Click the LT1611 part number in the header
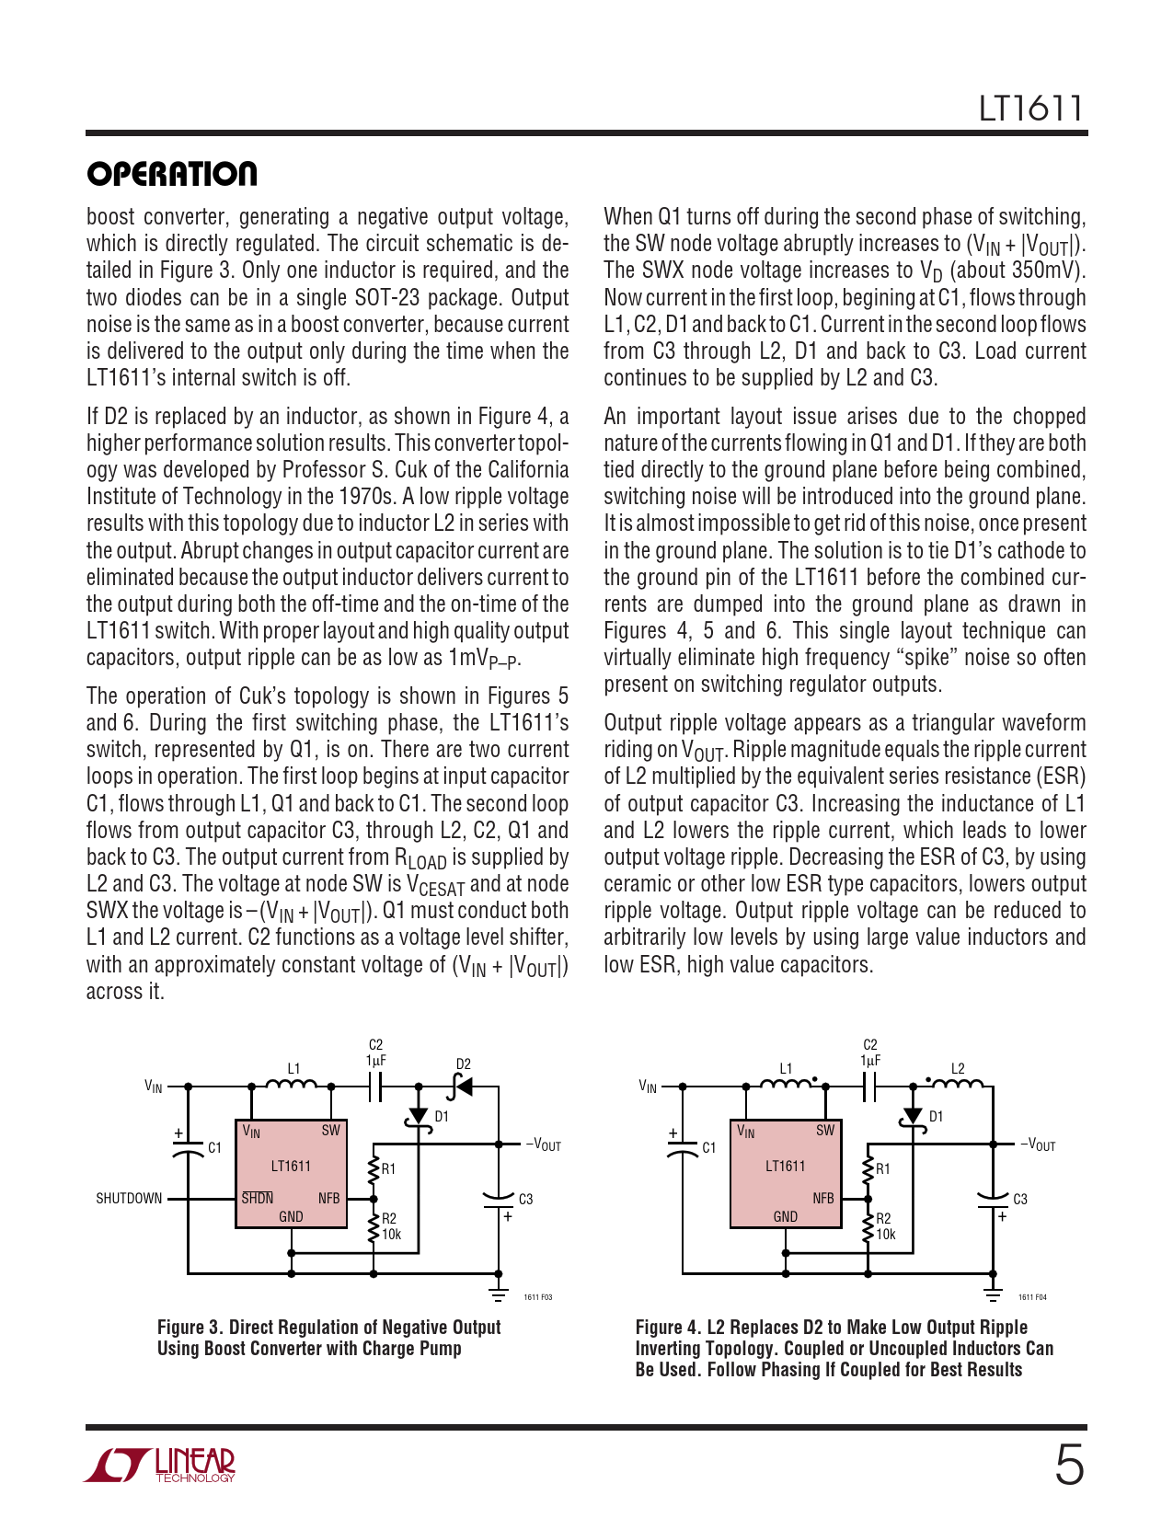pos(1030,109)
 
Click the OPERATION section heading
pos(172,174)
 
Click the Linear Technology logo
pos(160,1465)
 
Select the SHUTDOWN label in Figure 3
pos(129,1198)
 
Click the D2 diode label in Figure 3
pos(463,1064)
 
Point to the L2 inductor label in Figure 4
pos(958,1068)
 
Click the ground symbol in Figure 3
pos(499,1293)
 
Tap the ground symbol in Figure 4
pos(993,1293)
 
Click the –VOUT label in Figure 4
pos(1039,1145)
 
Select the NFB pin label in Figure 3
pos(328,1198)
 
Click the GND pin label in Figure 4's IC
pos(785,1216)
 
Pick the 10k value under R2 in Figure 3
pos(392,1235)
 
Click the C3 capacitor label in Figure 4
pos(1020,1199)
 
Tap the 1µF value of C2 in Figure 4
pos(869,1060)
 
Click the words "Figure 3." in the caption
pos(190,1327)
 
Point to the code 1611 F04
pos(1032,1297)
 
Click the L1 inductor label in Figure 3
pos(293,1068)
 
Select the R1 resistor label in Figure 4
pos(883,1168)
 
